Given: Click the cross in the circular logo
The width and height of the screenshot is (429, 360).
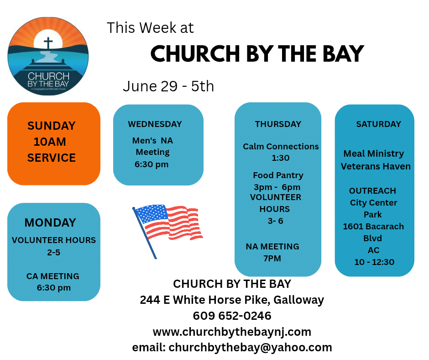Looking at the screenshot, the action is pyautogui.click(x=48, y=44).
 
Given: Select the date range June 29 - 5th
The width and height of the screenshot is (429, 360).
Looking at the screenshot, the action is pyautogui.click(x=168, y=86).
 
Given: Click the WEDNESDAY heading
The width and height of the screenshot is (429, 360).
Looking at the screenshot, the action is pyautogui.click(x=155, y=124).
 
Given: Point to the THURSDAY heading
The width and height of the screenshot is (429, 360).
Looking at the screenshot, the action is pyautogui.click(x=278, y=124).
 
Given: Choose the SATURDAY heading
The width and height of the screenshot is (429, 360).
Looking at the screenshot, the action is pyautogui.click(x=378, y=124).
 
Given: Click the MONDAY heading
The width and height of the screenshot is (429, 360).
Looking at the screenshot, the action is pyautogui.click(x=50, y=222).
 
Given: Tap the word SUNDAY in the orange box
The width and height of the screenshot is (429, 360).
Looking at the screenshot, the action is pyautogui.click(x=52, y=126).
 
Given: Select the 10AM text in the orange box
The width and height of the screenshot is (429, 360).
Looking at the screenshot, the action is pyautogui.click(x=50, y=142).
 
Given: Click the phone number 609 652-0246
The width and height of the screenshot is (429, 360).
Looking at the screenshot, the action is pyautogui.click(x=232, y=316).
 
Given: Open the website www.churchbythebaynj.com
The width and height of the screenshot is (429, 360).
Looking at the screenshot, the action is pyautogui.click(x=232, y=332).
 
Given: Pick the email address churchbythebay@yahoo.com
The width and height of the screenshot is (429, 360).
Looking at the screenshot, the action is pyautogui.click(x=251, y=347).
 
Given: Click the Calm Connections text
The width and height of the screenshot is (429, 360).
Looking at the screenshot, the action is pyautogui.click(x=281, y=147).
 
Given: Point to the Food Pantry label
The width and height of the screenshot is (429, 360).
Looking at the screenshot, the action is pyautogui.click(x=278, y=175).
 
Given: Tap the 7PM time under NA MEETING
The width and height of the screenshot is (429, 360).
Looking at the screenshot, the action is pyautogui.click(x=272, y=259).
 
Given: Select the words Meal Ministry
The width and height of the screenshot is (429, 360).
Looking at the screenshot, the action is pyautogui.click(x=373, y=154).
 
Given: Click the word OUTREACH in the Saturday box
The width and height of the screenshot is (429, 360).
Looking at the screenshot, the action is pyautogui.click(x=373, y=191).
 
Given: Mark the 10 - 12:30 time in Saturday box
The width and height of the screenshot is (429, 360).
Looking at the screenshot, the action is pyautogui.click(x=374, y=262).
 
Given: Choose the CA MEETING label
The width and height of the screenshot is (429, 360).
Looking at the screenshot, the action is pyautogui.click(x=53, y=276).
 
